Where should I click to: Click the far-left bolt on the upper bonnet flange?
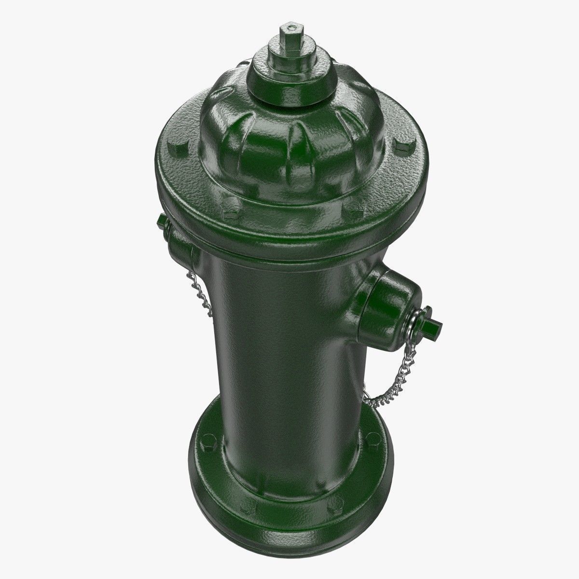172,145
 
